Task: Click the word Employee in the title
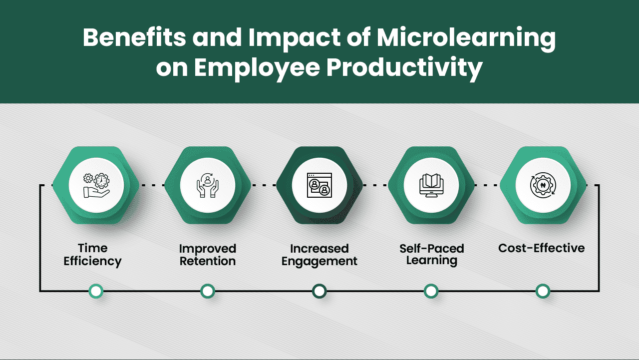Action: (x=256, y=68)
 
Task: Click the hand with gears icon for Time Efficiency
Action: (x=96, y=185)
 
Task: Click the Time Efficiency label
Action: (x=93, y=255)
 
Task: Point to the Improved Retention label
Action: (x=208, y=255)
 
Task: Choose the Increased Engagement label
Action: (x=319, y=255)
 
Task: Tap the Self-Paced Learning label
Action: (x=432, y=254)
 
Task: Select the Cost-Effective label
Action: (x=542, y=248)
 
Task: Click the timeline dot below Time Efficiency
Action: (x=96, y=291)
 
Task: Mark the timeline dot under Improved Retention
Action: (x=208, y=291)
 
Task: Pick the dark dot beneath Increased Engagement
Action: (x=319, y=291)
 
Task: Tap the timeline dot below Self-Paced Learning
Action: (x=431, y=291)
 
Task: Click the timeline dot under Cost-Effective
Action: (x=543, y=291)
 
